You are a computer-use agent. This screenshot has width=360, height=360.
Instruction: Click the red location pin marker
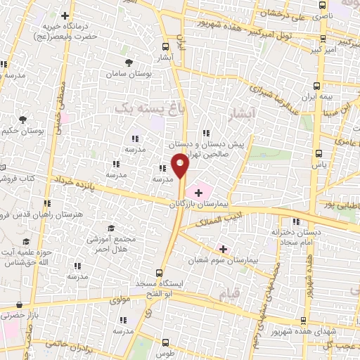coord(180,165)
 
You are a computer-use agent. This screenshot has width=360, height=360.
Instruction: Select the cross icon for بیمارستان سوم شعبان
coord(223,248)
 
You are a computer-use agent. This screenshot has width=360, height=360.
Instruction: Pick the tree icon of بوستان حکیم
coord(23,120)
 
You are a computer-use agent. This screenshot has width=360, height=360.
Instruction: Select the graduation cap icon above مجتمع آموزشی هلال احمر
coord(110,229)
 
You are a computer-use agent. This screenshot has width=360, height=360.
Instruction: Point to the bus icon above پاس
coord(319,152)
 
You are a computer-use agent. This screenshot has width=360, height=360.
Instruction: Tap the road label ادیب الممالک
coord(221,219)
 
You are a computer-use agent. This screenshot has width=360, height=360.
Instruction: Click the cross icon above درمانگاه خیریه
coord(65,15)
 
